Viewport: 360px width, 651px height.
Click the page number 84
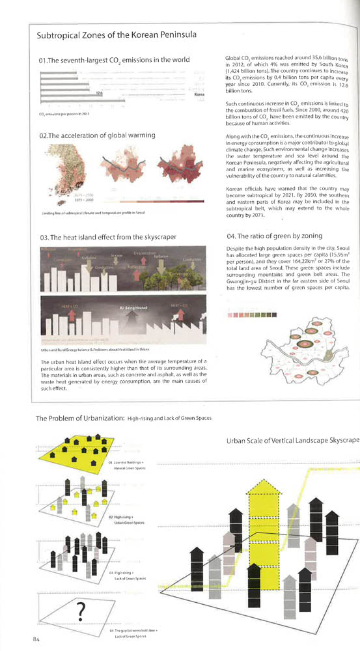click(x=37, y=639)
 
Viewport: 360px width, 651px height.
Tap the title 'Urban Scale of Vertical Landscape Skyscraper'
click(x=292, y=441)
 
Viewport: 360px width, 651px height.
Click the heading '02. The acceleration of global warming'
click(x=97, y=135)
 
